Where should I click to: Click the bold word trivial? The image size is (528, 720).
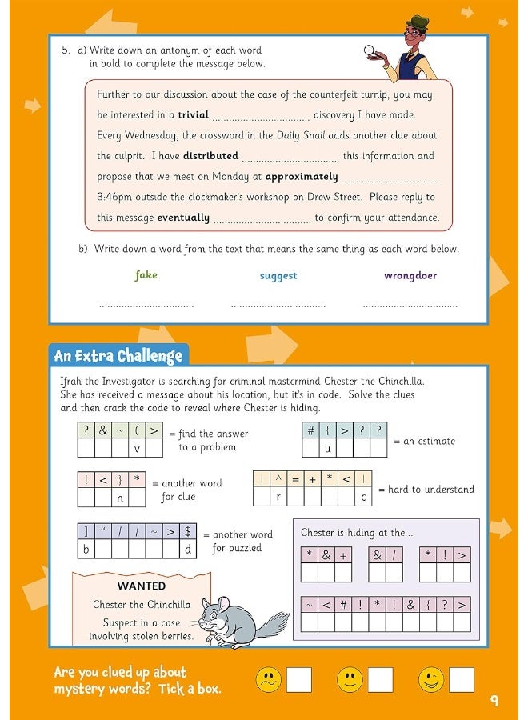tap(193, 115)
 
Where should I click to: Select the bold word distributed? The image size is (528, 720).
tap(210, 156)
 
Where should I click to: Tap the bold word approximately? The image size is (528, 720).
tap(302, 177)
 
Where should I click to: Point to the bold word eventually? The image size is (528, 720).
tap(183, 218)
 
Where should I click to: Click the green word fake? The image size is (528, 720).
tap(146, 275)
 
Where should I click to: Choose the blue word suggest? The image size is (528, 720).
tap(278, 276)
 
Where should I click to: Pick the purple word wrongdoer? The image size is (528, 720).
tap(410, 276)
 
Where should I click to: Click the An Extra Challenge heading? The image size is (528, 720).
tap(118, 355)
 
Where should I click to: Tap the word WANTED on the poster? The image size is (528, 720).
tap(142, 586)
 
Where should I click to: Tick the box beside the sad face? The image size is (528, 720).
tap(299, 680)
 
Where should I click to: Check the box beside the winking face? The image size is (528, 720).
tap(461, 680)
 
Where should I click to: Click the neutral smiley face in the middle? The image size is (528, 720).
tap(350, 680)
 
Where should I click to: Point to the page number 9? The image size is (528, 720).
tap(494, 701)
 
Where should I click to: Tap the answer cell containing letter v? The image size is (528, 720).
tap(137, 449)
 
